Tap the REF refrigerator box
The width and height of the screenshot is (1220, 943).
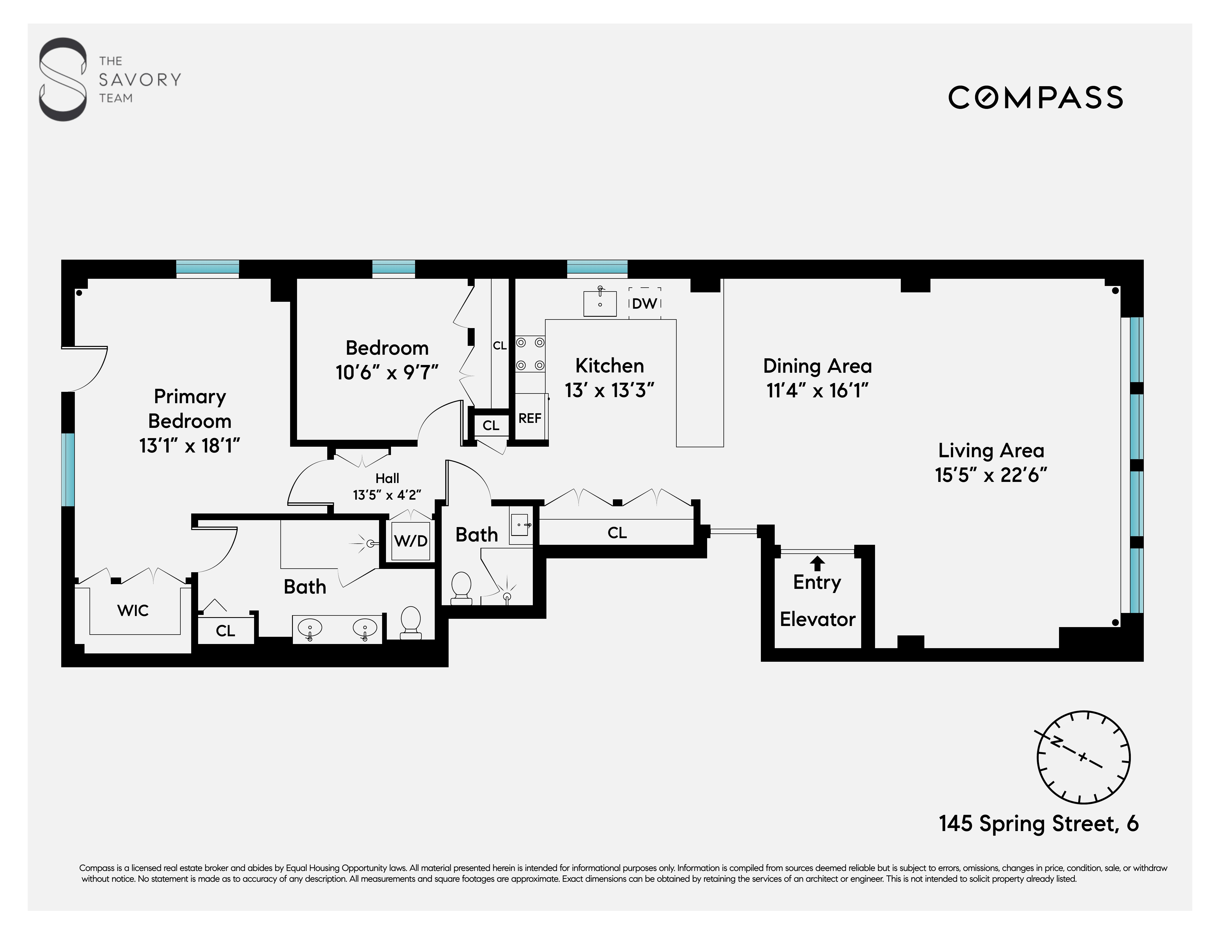pyautogui.click(x=530, y=418)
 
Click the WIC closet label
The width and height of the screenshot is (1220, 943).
pyautogui.click(x=133, y=610)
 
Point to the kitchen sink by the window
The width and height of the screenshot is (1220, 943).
pyautogui.click(x=599, y=303)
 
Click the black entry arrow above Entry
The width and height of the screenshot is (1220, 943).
pyautogui.click(x=817, y=563)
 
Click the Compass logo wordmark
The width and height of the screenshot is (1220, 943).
pyautogui.click(x=1035, y=98)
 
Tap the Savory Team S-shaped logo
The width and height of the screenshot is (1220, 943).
pyautogui.click(x=63, y=79)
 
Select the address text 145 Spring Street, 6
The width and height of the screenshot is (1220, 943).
pyautogui.click(x=1039, y=824)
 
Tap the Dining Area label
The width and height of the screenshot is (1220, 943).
pyautogui.click(x=817, y=366)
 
